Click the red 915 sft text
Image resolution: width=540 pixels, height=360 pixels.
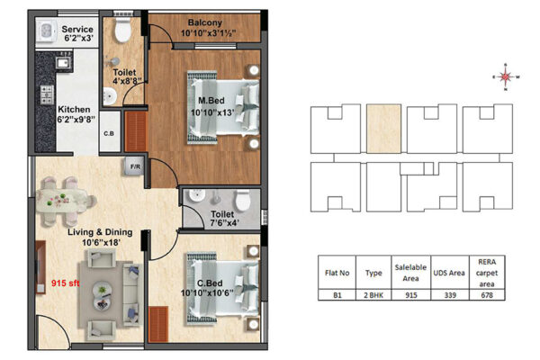tap(65, 283)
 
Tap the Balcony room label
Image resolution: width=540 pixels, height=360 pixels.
tap(205, 22)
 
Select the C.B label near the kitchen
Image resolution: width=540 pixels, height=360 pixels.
tap(109, 133)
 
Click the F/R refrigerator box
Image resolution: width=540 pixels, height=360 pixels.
tap(135, 166)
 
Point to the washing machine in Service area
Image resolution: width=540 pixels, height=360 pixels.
tap(47, 31)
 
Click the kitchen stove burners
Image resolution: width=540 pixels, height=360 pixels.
tap(47, 94)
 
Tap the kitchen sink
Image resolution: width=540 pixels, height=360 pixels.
tap(63, 63)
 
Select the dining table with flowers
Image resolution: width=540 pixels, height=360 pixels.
tap(62, 200)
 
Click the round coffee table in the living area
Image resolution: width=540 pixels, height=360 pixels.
tap(102, 295)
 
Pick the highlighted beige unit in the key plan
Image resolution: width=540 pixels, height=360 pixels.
tap(383, 129)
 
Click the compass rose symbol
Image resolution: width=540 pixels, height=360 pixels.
tap(506, 76)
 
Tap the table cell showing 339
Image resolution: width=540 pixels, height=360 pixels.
tap(450, 295)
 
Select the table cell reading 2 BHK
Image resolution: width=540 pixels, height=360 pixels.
tap(373, 295)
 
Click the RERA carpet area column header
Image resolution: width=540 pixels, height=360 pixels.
tap(487, 273)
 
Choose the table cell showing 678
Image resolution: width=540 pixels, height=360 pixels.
tap(487, 295)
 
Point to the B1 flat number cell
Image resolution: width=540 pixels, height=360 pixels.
tap(337, 295)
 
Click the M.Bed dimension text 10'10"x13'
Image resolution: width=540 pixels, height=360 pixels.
tap(212, 112)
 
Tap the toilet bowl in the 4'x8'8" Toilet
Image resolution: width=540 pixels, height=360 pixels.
tap(123, 31)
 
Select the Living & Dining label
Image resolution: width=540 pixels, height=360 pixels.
tap(100, 232)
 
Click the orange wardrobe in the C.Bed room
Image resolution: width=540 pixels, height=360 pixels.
tap(158, 324)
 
